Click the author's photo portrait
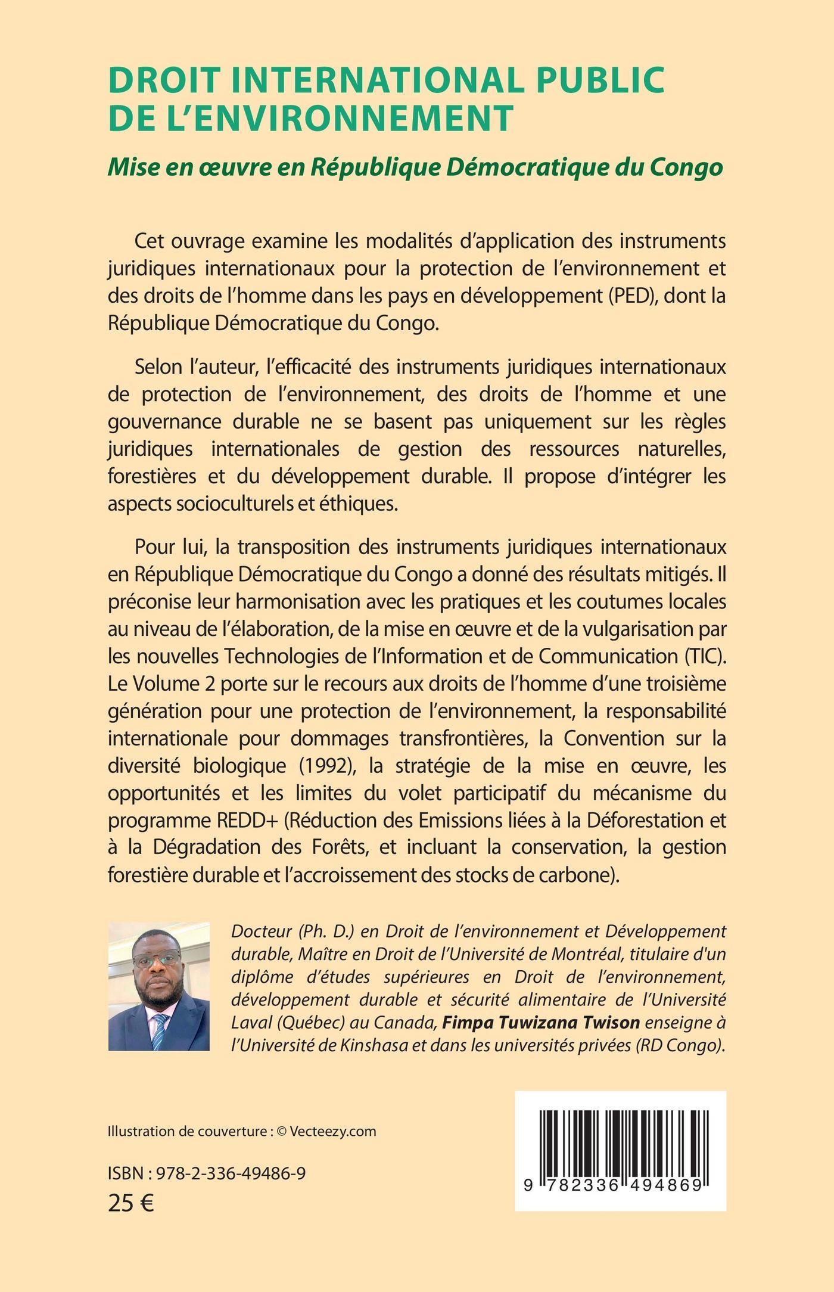[x=159, y=986]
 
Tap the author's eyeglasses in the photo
[x=157, y=960]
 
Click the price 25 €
[x=131, y=1203]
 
